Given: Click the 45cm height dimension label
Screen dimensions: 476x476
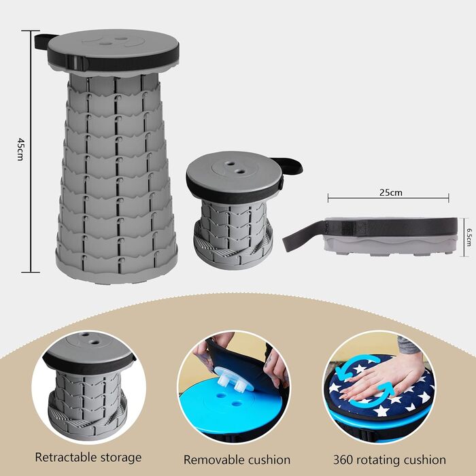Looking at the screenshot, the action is pos(20,149).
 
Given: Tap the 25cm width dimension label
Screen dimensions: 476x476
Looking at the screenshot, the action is pos(391,192).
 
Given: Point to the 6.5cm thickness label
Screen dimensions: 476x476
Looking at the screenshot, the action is pos(469,238).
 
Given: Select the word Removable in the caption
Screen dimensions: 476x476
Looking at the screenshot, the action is pos(209,460).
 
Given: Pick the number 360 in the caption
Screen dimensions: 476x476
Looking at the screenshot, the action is pos(343,460).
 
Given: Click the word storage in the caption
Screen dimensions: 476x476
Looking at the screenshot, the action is pos(122,458).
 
